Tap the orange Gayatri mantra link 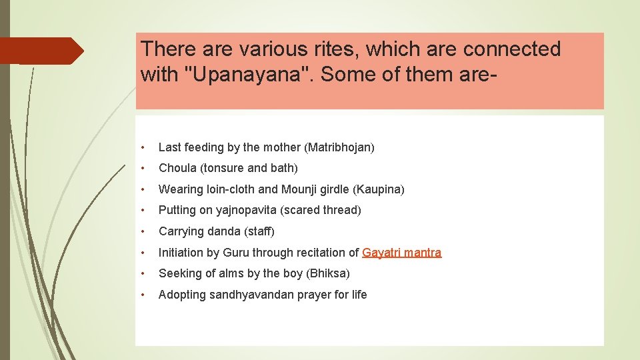(x=401, y=253)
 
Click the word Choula (x=177, y=168)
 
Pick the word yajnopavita (x=244, y=211)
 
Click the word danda (x=224, y=231)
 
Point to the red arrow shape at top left (x=41, y=51)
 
